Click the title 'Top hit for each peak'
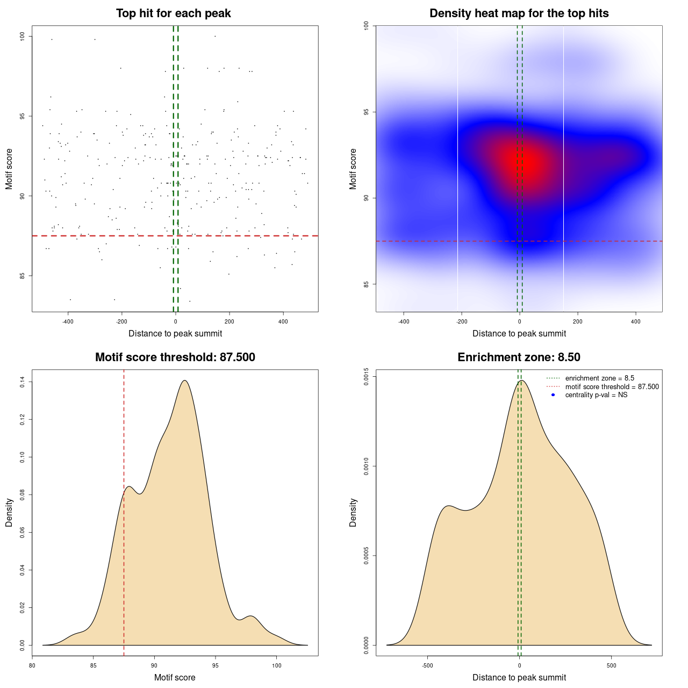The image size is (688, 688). [x=173, y=13]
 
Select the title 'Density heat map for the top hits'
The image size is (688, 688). [x=519, y=13]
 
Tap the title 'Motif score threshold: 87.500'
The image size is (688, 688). [x=175, y=357]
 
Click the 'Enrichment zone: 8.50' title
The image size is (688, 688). [x=519, y=357]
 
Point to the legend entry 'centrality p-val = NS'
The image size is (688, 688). [x=596, y=395]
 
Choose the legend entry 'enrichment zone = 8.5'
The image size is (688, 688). [x=599, y=378]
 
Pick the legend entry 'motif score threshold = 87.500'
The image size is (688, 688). [x=612, y=387]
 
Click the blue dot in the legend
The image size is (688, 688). [x=553, y=395]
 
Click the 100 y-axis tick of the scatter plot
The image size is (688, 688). [x=23, y=36]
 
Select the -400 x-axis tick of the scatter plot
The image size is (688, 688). [x=68, y=321]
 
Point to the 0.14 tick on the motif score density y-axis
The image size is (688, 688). [x=23, y=382]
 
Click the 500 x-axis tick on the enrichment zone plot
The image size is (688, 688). [x=611, y=665]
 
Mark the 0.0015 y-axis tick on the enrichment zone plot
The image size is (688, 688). [x=367, y=376]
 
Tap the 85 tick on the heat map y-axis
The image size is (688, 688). [x=367, y=284]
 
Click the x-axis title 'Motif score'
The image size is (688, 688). [x=175, y=677]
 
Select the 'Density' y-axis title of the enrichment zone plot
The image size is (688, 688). [x=353, y=512]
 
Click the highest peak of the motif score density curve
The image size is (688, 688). [x=184, y=381]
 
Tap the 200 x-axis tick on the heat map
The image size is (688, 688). [x=577, y=321]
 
